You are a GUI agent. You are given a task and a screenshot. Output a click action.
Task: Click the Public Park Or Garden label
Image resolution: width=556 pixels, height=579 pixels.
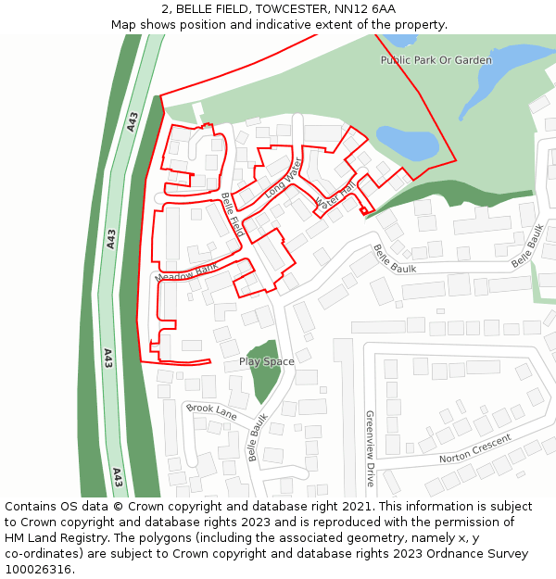(436, 60)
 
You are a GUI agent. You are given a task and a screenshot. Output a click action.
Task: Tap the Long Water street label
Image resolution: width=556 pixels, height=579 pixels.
(284, 178)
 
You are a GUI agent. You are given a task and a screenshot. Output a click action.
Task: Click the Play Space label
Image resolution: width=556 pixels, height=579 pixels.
(266, 361)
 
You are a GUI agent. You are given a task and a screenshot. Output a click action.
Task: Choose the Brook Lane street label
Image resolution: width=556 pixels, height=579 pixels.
(211, 409)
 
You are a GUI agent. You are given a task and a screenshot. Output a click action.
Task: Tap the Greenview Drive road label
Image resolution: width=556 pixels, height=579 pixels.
(369, 448)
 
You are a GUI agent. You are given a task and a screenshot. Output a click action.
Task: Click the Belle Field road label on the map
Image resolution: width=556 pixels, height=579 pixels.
(232, 215)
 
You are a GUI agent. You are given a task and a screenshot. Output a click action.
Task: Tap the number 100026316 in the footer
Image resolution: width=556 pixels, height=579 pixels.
(38, 569)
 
